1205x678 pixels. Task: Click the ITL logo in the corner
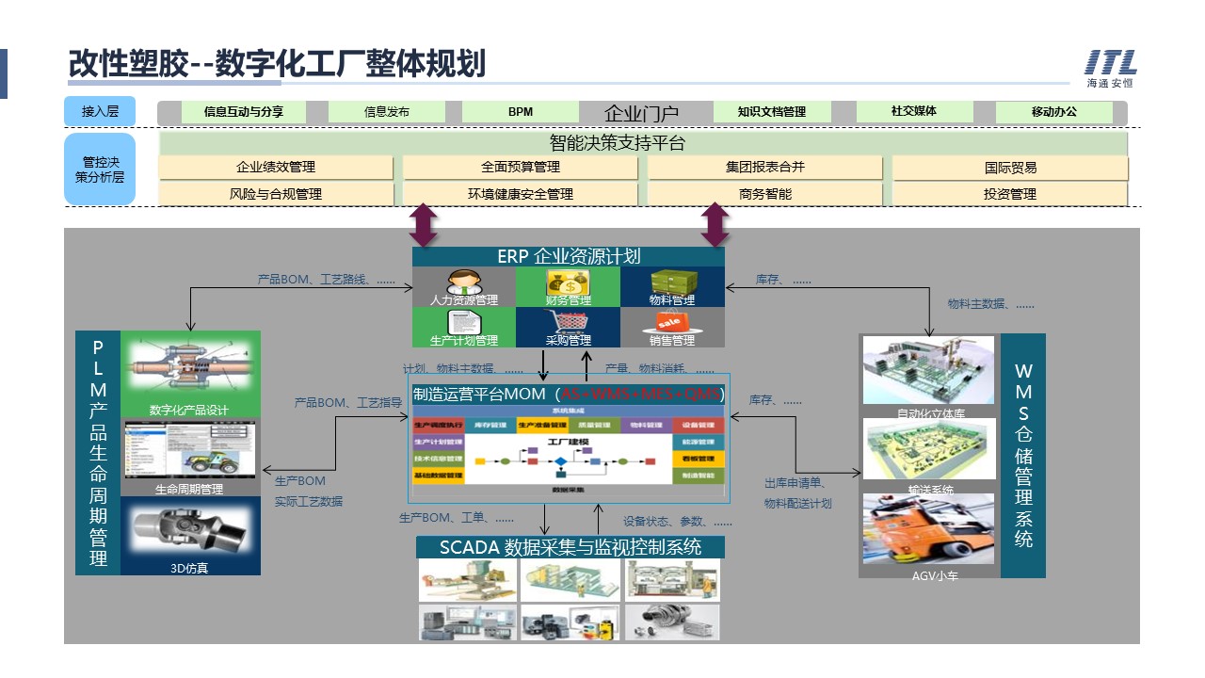click(1111, 69)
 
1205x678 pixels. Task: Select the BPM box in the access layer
click(521, 111)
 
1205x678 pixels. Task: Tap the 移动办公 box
click(1053, 111)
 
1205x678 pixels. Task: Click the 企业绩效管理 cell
click(276, 168)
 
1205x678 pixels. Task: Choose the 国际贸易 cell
click(1010, 168)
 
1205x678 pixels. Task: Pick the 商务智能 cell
click(765, 194)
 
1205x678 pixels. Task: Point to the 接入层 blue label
click(100, 111)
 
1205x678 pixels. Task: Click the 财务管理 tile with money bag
click(568, 287)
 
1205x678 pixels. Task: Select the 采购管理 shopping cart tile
click(568, 327)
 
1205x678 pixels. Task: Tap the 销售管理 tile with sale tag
click(672, 327)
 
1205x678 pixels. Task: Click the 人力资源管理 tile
click(464, 287)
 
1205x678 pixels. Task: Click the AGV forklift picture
click(927, 529)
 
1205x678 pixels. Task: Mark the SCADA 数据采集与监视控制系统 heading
click(570, 547)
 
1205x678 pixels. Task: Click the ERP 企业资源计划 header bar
click(569, 256)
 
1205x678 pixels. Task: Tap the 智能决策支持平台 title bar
click(644, 144)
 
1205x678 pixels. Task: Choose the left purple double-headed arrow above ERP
click(424, 226)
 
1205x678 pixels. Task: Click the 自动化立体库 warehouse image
click(928, 369)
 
